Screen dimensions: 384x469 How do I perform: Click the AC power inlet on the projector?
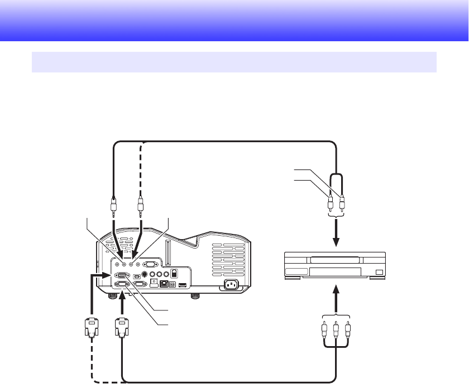(x=232, y=285)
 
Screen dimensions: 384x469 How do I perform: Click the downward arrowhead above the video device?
(x=336, y=243)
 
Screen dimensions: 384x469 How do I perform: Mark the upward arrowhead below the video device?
(x=336, y=290)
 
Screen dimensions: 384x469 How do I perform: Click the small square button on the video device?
(x=379, y=272)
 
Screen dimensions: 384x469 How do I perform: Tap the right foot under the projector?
(x=194, y=296)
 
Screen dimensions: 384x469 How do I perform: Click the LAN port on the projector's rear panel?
(x=164, y=284)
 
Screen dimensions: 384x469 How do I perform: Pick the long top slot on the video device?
(x=334, y=259)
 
